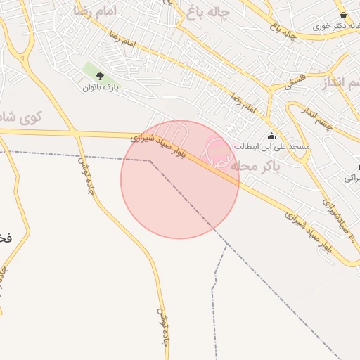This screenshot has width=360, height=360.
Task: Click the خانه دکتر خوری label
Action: tap(333, 26)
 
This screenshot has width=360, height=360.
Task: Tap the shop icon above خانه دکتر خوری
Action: tap(343, 15)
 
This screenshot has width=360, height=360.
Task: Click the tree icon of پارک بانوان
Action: tap(99, 75)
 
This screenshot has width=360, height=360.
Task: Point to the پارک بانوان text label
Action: tap(100, 88)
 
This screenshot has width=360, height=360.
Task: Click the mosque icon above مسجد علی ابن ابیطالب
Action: tap(272, 136)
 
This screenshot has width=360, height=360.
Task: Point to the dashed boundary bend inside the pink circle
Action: tap(149, 160)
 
